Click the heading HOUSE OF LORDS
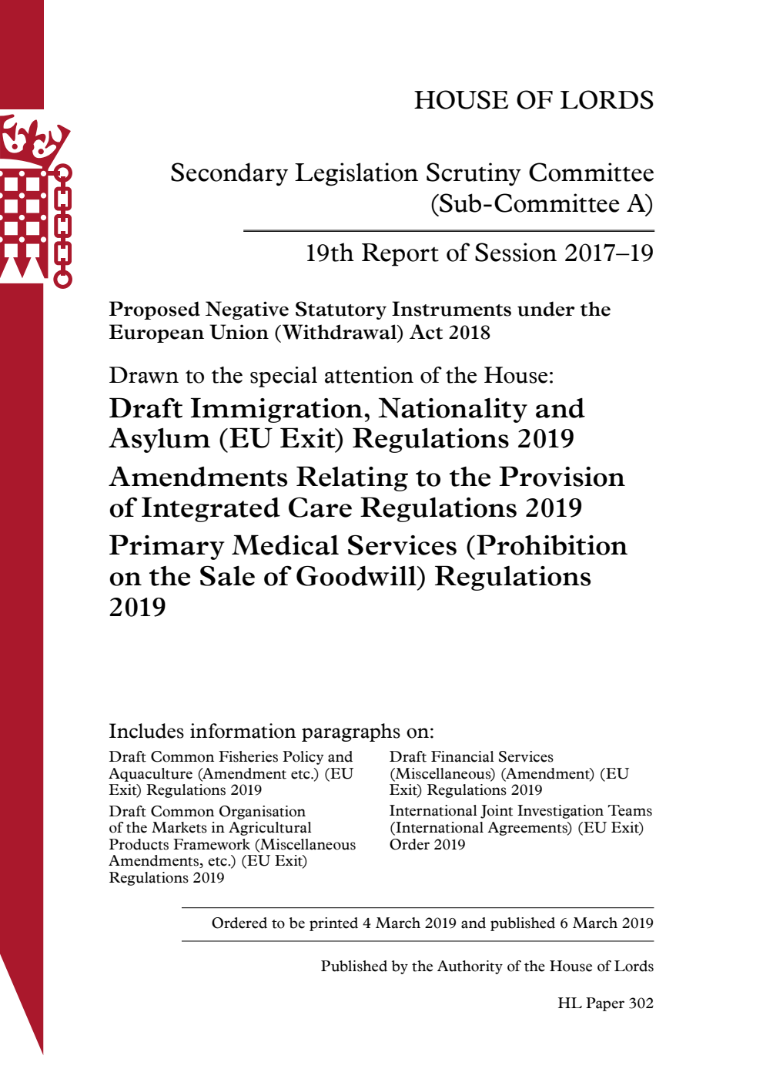tap(534, 100)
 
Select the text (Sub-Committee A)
tap(541, 204)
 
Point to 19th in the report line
tap(329, 253)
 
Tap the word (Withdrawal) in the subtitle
tap(334, 333)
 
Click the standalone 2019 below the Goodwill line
tap(137, 608)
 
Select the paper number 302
tap(641, 1004)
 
